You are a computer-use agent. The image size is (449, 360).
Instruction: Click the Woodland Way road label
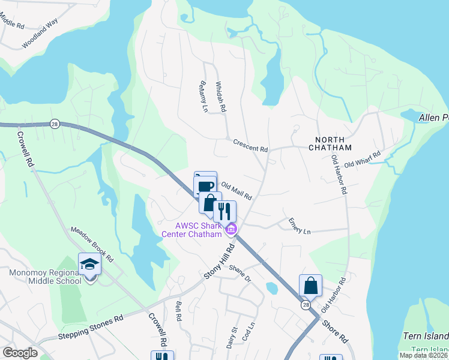40,37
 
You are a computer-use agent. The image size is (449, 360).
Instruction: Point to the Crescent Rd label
250,146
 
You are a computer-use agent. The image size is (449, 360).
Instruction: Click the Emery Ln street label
300,227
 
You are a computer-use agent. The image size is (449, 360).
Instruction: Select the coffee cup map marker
205,184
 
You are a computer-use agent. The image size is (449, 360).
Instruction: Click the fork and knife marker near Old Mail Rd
224,211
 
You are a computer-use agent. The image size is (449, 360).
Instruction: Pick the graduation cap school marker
89,264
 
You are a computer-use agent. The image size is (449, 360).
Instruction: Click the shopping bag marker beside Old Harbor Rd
311,285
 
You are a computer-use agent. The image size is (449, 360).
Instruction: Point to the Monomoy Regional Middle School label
45,277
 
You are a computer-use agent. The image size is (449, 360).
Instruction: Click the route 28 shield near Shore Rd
305,305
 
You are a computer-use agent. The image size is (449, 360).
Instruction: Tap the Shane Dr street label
239,273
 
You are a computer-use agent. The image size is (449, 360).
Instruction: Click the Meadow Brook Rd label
92,242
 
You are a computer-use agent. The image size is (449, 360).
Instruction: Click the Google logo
20,353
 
